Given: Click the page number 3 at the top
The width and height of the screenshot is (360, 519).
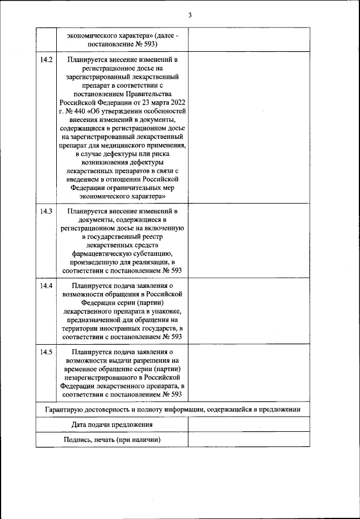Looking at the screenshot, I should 190,15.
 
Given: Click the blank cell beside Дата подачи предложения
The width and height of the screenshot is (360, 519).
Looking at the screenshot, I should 248,425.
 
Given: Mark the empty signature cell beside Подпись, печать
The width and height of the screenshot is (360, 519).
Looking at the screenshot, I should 248,440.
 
